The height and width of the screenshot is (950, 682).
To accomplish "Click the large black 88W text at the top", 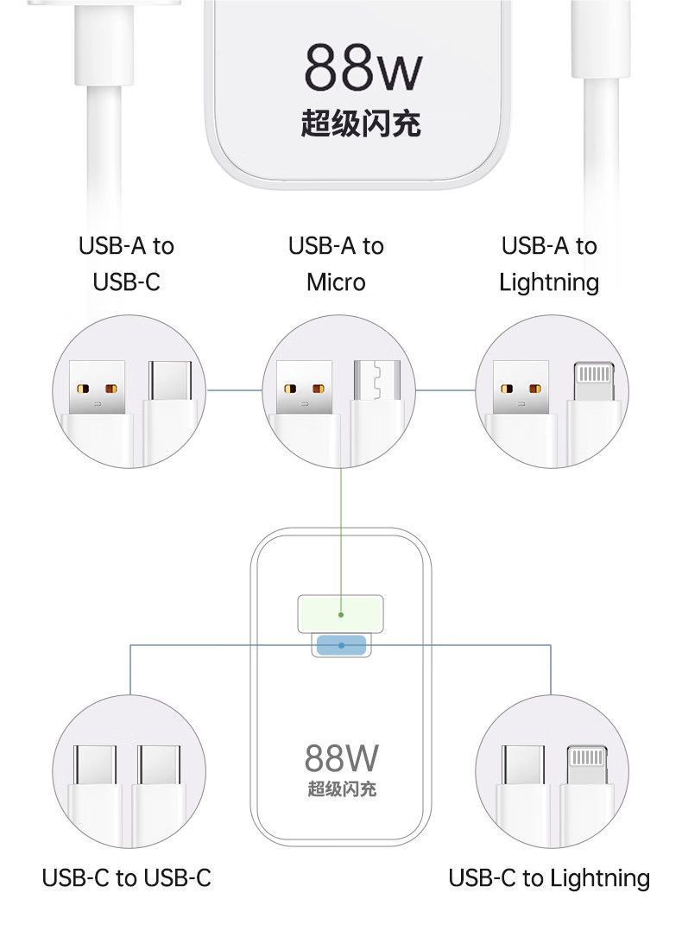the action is click(x=363, y=66).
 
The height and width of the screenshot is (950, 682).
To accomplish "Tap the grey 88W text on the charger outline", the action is click(x=342, y=758).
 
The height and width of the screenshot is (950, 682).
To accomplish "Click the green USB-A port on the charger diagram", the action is click(x=340, y=614).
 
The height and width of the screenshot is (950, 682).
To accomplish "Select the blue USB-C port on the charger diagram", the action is click(x=341, y=645).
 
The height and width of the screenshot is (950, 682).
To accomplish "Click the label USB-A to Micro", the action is click(x=336, y=264).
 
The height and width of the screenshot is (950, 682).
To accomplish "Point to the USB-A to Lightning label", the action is click(x=549, y=265).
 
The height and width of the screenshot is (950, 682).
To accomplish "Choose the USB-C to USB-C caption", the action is click(x=127, y=877).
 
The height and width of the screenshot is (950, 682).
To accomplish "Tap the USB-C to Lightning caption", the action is click(x=549, y=878).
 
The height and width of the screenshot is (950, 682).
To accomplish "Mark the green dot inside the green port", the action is click(x=341, y=614).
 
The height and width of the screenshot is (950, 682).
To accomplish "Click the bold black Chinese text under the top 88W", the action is click(x=361, y=123).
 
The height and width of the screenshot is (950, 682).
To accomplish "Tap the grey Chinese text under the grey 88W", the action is click(x=342, y=788).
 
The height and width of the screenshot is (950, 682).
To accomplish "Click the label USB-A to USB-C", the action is click(x=127, y=264).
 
